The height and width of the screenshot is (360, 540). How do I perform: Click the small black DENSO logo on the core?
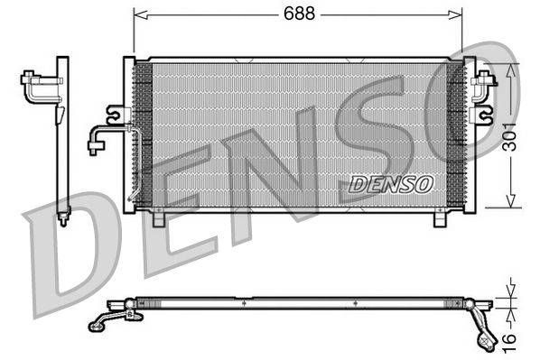(x=391, y=183)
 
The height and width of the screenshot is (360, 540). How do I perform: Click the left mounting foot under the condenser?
(x=159, y=217)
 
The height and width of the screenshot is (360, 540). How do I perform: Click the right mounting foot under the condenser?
(x=441, y=217)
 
